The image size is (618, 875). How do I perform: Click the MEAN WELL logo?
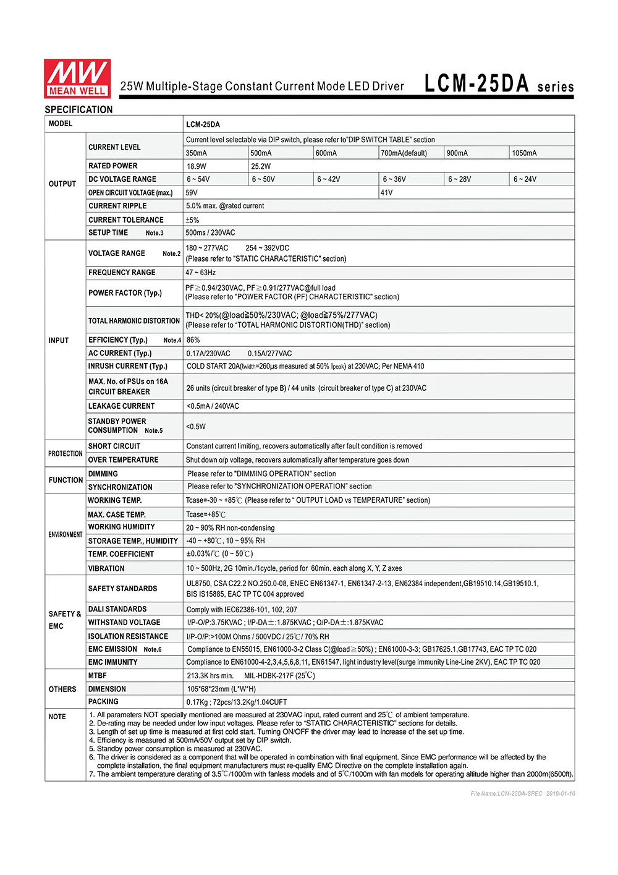pyautogui.click(x=77, y=79)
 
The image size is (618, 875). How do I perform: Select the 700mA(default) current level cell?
pyautogui.click(x=404, y=153)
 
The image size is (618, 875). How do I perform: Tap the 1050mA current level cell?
pyautogui.click(x=524, y=153)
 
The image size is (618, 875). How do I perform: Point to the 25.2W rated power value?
pyautogui.click(x=261, y=166)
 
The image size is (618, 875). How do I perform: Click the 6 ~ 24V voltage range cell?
pyautogui.click(x=525, y=179)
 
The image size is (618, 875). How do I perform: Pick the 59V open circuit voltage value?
pyautogui.click(x=192, y=193)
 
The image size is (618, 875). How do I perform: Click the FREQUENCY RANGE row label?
pyautogui.click(x=122, y=273)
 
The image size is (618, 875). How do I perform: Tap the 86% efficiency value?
pyautogui.click(x=193, y=340)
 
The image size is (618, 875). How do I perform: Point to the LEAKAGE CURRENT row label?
pyautogui.click(x=121, y=406)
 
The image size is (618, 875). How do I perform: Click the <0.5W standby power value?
pyautogui.click(x=196, y=427)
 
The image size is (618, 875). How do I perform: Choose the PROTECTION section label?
pyautogui.click(x=65, y=454)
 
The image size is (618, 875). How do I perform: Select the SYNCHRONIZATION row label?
pyautogui.click(x=120, y=487)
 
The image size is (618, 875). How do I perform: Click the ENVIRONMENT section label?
pyautogui.click(x=65, y=534)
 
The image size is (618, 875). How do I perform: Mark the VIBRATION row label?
pyautogui.click(x=106, y=568)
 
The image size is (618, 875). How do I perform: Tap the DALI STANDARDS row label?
pyautogui.click(x=117, y=609)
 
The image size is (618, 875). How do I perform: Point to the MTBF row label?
pyautogui.click(x=97, y=676)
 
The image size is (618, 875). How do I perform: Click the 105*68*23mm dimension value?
pyautogui.click(x=221, y=689)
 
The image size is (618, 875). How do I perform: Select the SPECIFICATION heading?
pyautogui.click(x=78, y=109)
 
